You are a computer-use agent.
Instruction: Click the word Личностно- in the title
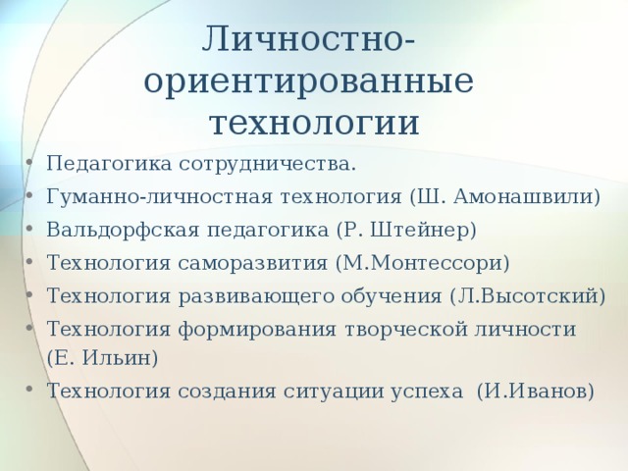tap(308, 39)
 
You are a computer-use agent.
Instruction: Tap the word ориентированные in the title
tap(309, 81)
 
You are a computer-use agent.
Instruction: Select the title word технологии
tap(314, 122)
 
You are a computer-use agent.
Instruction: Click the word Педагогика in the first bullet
tap(109, 164)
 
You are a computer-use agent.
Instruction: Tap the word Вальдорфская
tap(123, 231)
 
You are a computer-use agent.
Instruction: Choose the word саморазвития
tap(253, 264)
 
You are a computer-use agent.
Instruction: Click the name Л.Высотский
tap(528, 296)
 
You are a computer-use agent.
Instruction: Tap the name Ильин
tap(120, 357)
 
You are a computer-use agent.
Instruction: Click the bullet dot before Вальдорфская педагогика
tap(28, 229)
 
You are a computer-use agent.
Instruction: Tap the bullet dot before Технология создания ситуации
tap(28, 389)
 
